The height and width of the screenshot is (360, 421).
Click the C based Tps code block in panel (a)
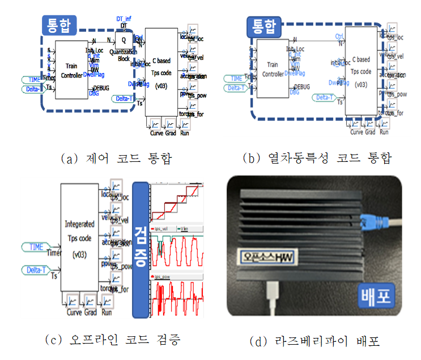161,72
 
